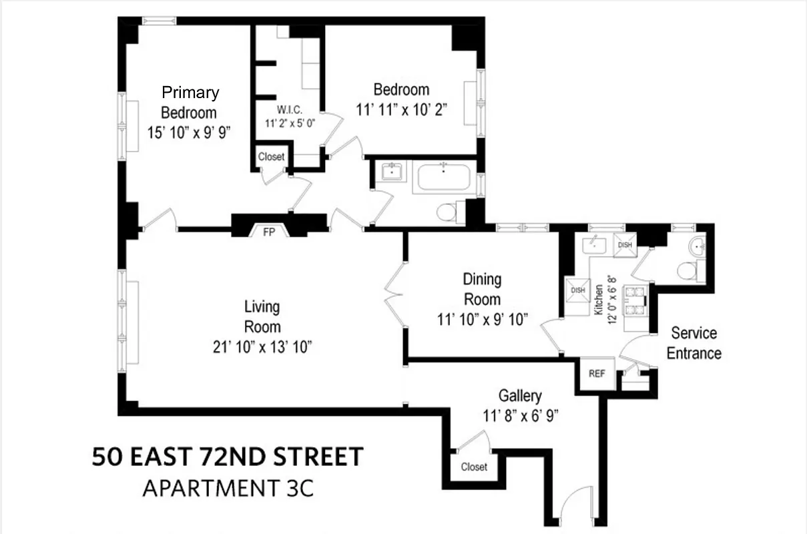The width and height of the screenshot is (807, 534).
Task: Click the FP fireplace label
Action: [x=270, y=232]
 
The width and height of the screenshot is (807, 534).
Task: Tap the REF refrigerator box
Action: [x=596, y=374]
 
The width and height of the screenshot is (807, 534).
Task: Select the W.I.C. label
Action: [x=290, y=110]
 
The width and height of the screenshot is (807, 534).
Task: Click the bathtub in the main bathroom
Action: [x=444, y=178]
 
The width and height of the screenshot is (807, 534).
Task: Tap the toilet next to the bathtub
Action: [x=447, y=212]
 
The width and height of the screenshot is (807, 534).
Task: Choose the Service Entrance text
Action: [x=694, y=342]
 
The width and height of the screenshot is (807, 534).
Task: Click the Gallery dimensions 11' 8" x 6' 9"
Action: [x=520, y=415]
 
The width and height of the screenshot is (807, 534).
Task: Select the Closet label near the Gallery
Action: [x=474, y=467]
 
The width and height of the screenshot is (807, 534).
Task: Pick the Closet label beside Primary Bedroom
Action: [x=271, y=157]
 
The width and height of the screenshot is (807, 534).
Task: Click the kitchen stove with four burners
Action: [x=634, y=300]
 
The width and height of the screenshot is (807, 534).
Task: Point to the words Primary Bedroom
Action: [x=190, y=102]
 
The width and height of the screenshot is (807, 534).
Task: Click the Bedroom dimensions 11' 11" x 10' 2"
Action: [x=400, y=110]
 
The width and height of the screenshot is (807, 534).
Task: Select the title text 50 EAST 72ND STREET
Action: [x=228, y=458]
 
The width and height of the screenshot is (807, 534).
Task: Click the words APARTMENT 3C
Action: [x=228, y=489]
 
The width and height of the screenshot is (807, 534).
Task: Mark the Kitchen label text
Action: [x=599, y=300]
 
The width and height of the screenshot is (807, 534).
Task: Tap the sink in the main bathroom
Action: [x=391, y=173]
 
